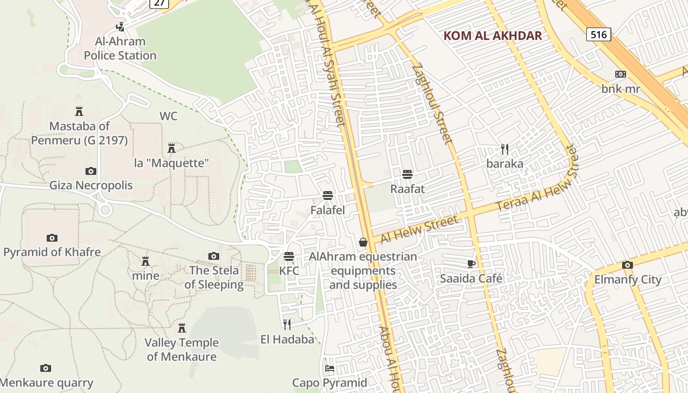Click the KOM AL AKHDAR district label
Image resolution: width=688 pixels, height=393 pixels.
coord(492,35)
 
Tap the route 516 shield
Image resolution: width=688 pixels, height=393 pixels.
coord(599,34)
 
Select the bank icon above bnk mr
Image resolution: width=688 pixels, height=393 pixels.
coord(621,74)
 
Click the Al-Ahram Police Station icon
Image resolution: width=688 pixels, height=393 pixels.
coord(120,27)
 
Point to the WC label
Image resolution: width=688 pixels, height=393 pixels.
coord(169,116)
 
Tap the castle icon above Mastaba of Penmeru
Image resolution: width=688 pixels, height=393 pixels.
coord(79,111)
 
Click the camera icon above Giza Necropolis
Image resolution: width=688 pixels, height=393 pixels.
coord(91,171)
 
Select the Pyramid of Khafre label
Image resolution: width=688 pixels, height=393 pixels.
coord(52,253)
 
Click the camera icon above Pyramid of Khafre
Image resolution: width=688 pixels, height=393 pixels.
coord(52,238)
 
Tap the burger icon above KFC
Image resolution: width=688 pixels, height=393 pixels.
coord(289,256)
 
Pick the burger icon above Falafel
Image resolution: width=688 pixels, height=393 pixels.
coord(328,195)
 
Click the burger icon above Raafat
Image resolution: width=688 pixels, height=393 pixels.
coord(407,174)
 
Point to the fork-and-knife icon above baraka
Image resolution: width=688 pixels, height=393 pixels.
coord(504,149)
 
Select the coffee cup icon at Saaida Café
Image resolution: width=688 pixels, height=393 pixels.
coord(471,264)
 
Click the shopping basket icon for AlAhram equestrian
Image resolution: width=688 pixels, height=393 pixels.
coord(363,242)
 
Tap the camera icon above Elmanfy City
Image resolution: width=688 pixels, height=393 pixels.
coord(628,265)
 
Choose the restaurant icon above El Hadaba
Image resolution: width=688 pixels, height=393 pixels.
coord(287,324)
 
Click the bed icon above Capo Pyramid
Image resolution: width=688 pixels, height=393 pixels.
coord(330,368)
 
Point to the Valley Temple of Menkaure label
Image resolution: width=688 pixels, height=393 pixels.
coord(182,349)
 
